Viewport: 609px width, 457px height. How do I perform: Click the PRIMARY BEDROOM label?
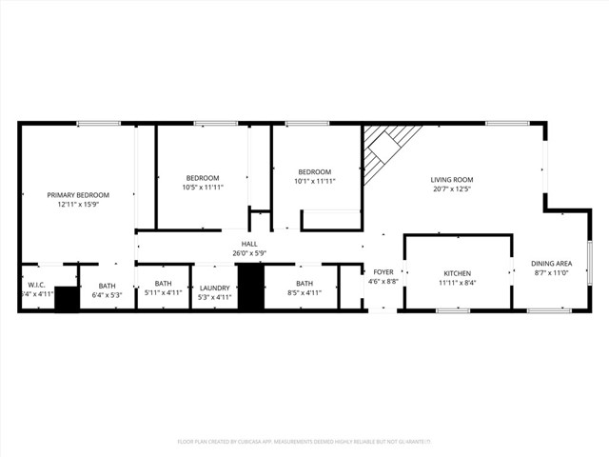(x=78, y=194)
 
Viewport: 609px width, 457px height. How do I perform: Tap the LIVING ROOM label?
(x=451, y=179)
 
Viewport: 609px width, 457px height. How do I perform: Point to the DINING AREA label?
(x=551, y=263)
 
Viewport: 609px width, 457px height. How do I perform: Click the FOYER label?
(x=383, y=272)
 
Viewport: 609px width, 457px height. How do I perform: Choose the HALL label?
(x=249, y=244)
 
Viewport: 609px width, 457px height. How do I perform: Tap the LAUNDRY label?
(x=214, y=287)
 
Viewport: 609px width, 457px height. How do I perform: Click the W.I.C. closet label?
(x=37, y=284)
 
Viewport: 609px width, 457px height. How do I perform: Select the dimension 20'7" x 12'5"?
(x=451, y=189)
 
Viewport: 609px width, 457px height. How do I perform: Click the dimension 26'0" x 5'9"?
(x=249, y=252)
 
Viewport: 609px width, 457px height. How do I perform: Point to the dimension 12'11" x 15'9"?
(x=78, y=204)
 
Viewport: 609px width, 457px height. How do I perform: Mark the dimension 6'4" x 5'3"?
(x=107, y=294)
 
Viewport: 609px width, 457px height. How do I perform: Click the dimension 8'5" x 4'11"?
(x=304, y=293)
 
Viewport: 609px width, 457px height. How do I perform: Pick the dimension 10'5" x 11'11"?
(x=202, y=188)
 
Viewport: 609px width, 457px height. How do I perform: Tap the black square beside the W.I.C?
(x=67, y=299)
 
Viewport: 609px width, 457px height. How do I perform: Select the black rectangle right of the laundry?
(x=249, y=288)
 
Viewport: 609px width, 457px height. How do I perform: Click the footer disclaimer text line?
(x=304, y=442)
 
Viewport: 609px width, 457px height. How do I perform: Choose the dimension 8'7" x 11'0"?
(x=551, y=272)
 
